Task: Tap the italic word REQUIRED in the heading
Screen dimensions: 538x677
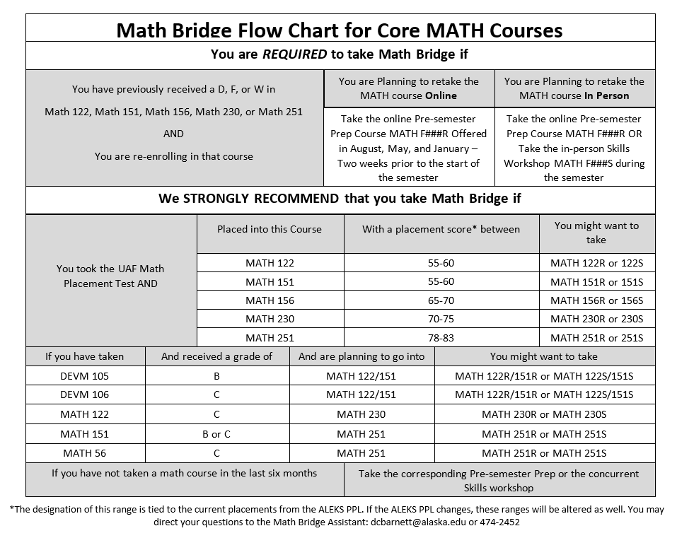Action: click(x=295, y=54)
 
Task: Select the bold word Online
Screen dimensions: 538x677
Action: click(x=441, y=95)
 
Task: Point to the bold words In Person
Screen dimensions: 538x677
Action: click(x=606, y=95)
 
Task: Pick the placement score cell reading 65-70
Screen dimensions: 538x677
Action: click(x=441, y=300)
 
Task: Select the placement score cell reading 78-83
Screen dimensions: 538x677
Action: click(x=441, y=338)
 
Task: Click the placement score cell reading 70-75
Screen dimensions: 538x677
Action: click(x=441, y=319)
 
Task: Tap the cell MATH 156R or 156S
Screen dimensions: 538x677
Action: click(x=596, y=300)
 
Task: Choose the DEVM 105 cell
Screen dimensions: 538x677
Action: click(x=85, y=376)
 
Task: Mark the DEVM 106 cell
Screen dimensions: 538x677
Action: click(x=85, y=394)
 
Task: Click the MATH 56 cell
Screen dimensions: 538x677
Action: click(x=85, y=453)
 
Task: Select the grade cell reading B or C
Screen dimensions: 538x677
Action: click(x=216, y=434)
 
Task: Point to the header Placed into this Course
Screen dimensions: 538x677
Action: click(x=270, y=229)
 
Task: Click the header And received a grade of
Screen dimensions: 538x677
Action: click(x=216, y=356)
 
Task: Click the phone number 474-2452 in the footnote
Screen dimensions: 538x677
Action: click(x=499, y=522)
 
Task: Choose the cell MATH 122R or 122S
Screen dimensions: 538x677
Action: click(x=596, y=263)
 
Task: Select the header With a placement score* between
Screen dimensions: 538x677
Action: click(x=441, y=229)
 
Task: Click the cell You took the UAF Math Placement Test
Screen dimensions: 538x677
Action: click(x=110, y=276)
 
